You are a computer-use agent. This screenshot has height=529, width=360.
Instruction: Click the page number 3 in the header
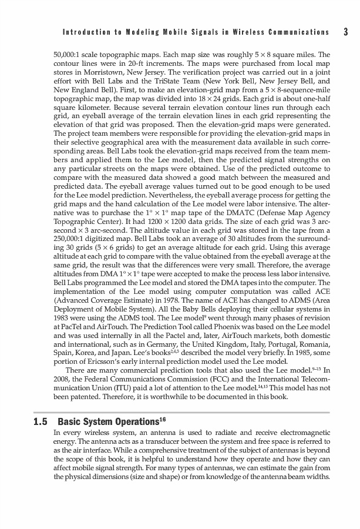(x=346, y=32)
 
